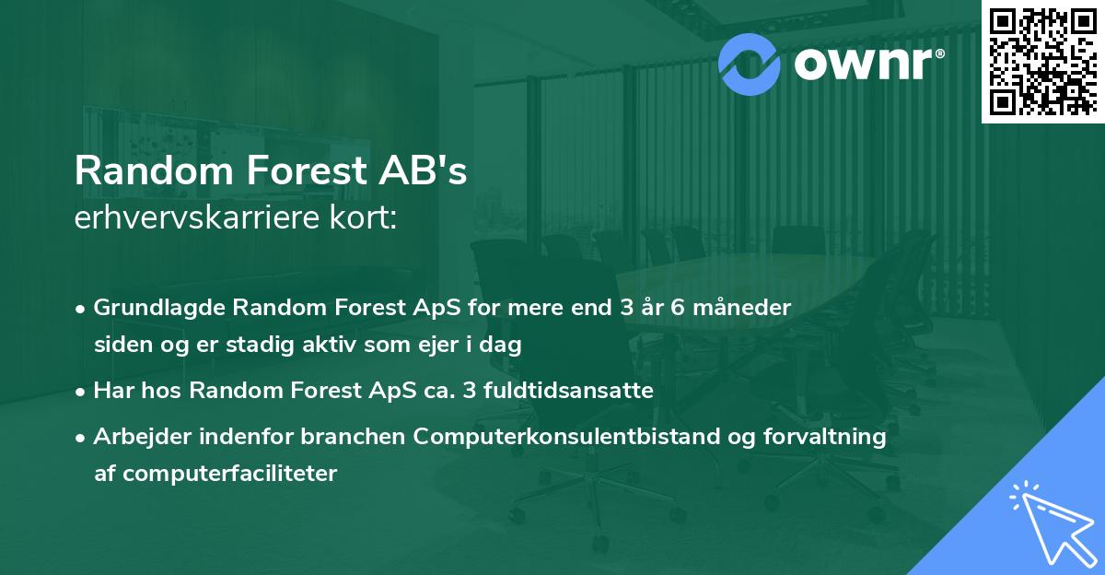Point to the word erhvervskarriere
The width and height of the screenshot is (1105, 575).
(x=193, y=219)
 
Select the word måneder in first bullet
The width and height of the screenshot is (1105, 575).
(x=744, y=308)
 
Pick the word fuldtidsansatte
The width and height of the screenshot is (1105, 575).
(x=563, y=391)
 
